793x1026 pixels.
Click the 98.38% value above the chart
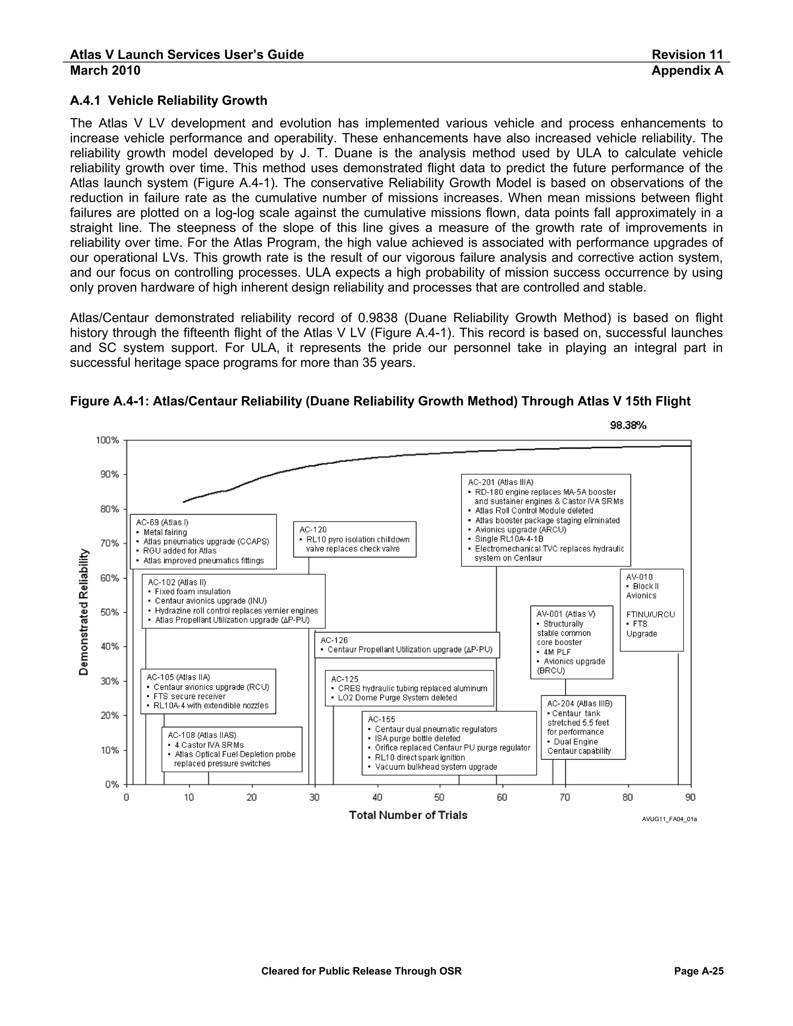point(628,425)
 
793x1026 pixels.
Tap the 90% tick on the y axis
point(108,475)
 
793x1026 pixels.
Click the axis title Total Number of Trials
point(408,815)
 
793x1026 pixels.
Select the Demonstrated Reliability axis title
point(84,612)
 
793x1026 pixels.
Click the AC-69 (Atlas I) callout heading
point(162,522)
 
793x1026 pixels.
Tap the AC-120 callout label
point(313,529)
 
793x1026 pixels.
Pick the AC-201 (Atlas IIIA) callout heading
point(500,482)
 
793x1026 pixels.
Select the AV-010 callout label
point(639,577)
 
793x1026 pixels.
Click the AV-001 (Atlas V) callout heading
point(566,614)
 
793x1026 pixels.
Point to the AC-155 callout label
point(381,719)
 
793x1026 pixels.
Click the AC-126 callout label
point(334,640)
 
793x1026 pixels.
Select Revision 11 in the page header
point(687,55)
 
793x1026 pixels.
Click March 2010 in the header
point(105,70)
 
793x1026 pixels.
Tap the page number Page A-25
point(699,971)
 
